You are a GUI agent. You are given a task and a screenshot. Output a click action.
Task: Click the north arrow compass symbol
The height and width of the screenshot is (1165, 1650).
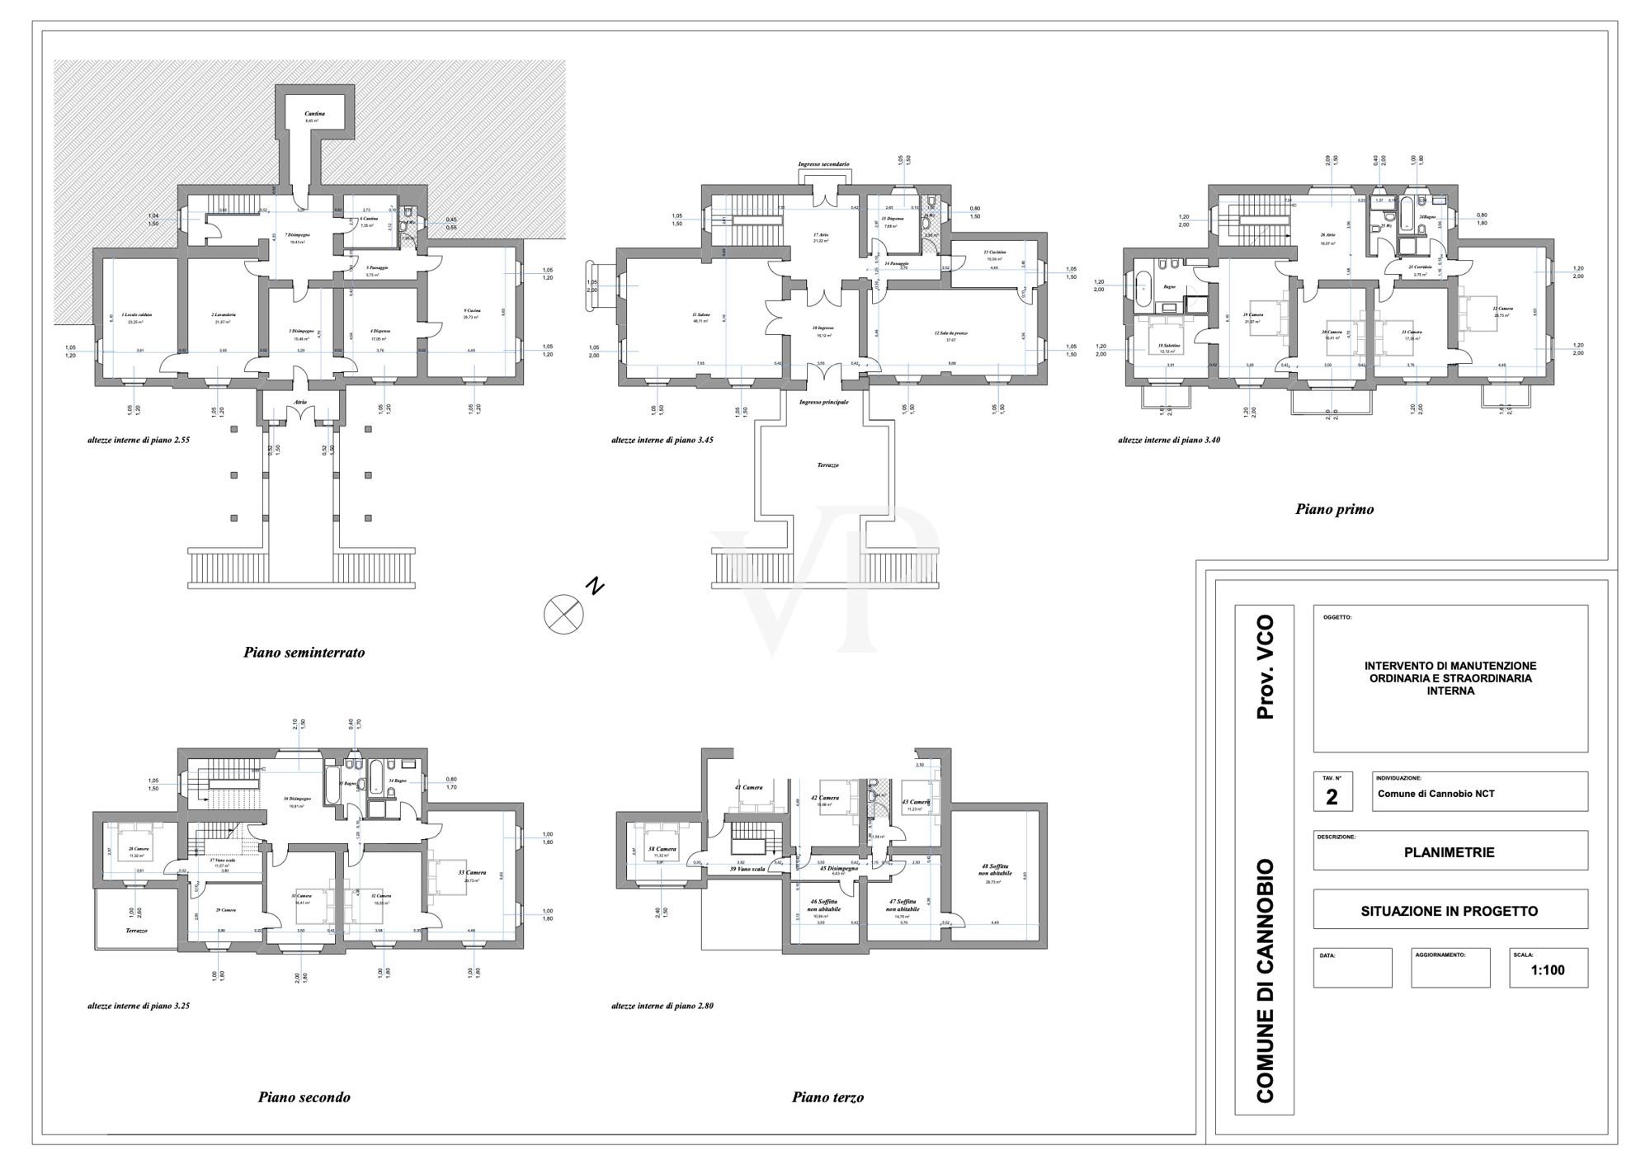563,614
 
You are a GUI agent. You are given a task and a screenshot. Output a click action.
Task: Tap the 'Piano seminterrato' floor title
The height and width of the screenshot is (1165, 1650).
304,653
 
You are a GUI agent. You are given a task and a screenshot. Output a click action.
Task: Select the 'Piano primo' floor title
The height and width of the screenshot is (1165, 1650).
1334,509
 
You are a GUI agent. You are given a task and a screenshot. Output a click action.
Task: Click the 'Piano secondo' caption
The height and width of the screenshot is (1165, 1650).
304,1097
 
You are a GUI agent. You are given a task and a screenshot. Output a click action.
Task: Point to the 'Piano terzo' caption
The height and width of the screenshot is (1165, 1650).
827,1097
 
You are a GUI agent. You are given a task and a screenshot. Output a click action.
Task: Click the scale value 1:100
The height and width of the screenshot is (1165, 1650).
1548,970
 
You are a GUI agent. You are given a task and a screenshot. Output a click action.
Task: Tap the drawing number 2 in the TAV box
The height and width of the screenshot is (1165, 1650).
1332,797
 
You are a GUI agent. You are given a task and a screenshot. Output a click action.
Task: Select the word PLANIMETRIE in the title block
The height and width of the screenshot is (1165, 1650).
1449,852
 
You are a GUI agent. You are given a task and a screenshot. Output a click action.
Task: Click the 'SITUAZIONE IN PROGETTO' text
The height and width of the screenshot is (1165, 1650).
1449,912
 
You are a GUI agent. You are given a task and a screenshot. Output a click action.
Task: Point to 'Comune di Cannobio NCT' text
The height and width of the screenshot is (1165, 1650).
1435,795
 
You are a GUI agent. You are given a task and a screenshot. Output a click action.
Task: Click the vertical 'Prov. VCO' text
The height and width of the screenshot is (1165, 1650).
1265,667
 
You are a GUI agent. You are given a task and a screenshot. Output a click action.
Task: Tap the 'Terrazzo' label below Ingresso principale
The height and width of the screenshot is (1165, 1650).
827,465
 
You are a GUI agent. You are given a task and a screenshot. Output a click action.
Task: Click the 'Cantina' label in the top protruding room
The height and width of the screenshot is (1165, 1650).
314,113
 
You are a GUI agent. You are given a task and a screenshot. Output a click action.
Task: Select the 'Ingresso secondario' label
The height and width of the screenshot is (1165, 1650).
823,164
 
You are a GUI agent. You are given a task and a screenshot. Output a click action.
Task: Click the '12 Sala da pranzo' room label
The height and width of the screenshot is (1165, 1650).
950,333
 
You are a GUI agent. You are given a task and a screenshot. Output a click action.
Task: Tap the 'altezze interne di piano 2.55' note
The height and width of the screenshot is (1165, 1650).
140,441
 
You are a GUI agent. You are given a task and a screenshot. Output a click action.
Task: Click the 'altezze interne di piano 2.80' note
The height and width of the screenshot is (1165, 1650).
662,1007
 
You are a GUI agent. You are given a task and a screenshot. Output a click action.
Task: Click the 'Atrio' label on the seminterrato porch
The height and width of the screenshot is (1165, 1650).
300,403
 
